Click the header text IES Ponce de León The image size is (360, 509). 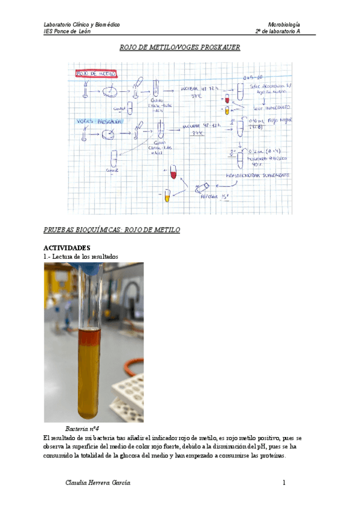click(x=67, y=31)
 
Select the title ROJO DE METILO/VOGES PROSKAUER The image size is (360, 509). click(x=180, y=47)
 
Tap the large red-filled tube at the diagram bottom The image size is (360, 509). click(x=173, y=172)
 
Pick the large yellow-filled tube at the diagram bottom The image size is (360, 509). click(x=167, y=196)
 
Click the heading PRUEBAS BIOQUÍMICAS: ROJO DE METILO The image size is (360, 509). click(x=112, y=230)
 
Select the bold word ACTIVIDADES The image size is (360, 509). click(x=67, y=247)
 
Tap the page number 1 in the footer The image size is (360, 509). click(x=284, y=483)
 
